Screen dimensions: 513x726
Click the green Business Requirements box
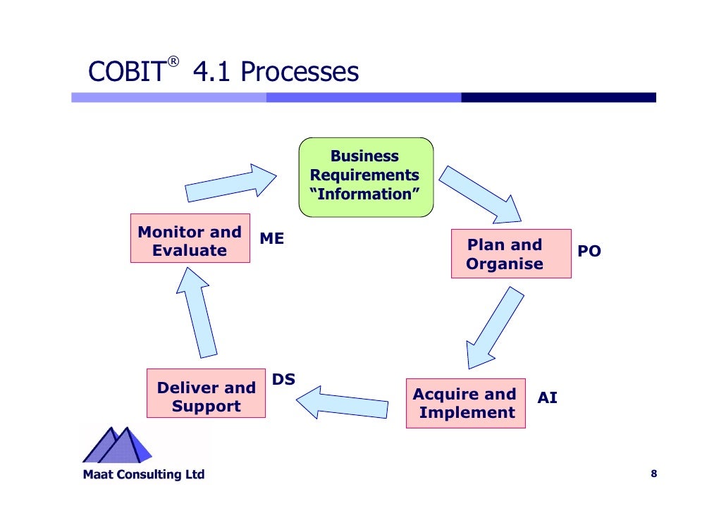click(x=366, y=176)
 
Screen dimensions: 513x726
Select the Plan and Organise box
click(x=511, y=254)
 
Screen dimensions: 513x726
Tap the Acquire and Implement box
click(x=466, y=403)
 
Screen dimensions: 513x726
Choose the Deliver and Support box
click(x=206, y=397)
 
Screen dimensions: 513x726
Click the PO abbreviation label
click(x=589, y=252)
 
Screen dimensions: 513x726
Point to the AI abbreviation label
click(x=547, y=398)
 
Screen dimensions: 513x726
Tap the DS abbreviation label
click(x=283, y=381)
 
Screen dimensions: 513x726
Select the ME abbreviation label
click(x=272, y=239)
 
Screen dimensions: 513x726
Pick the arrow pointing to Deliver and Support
click(x=341, y=403)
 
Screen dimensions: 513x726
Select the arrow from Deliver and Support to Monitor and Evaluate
click(x=197, y=310)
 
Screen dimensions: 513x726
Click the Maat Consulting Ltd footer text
click(x=144, y=474)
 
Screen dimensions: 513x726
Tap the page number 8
click(x=653, y=474)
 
